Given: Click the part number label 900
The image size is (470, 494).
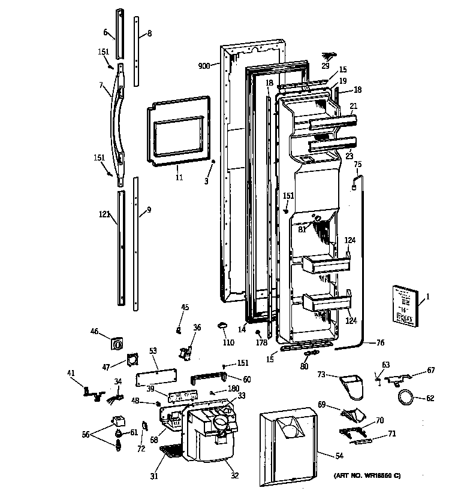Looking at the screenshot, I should (204, 66).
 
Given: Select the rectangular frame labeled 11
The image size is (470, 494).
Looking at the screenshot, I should (178, 131).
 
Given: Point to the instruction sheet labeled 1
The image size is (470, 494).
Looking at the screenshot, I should (405, 306).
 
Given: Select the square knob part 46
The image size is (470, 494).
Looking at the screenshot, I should (116, 344).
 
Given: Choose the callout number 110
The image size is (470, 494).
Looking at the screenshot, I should (228, 343).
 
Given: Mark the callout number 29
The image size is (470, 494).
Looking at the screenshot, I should (325, 66).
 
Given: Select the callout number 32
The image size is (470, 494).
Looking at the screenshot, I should (234, 476).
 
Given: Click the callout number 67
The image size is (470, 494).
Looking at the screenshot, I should (430, 370).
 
